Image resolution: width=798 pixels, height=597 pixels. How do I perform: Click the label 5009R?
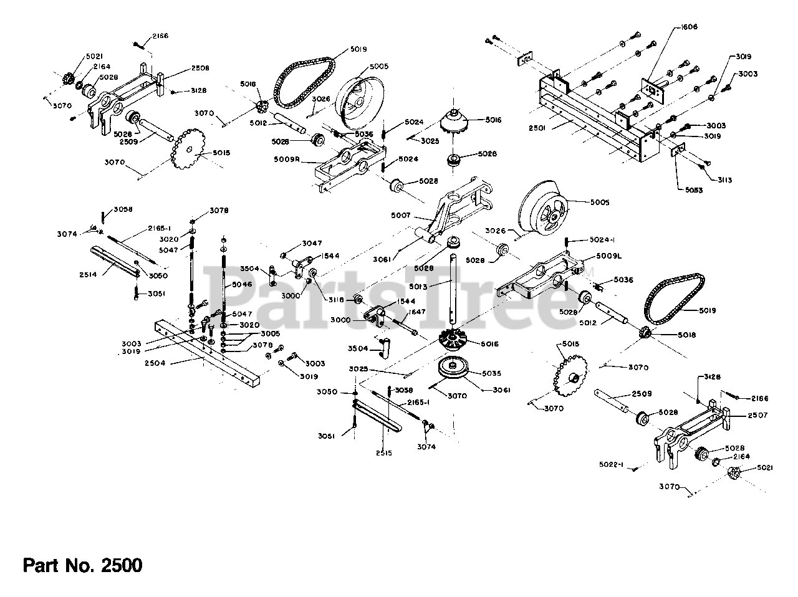(287, 160)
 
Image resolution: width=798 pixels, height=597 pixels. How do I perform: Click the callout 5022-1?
(612, 464)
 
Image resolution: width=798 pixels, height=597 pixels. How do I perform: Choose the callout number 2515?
(384, 453)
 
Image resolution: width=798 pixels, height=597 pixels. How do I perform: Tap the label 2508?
(200, 67)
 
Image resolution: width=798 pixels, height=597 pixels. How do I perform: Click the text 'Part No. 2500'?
(83, 565)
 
